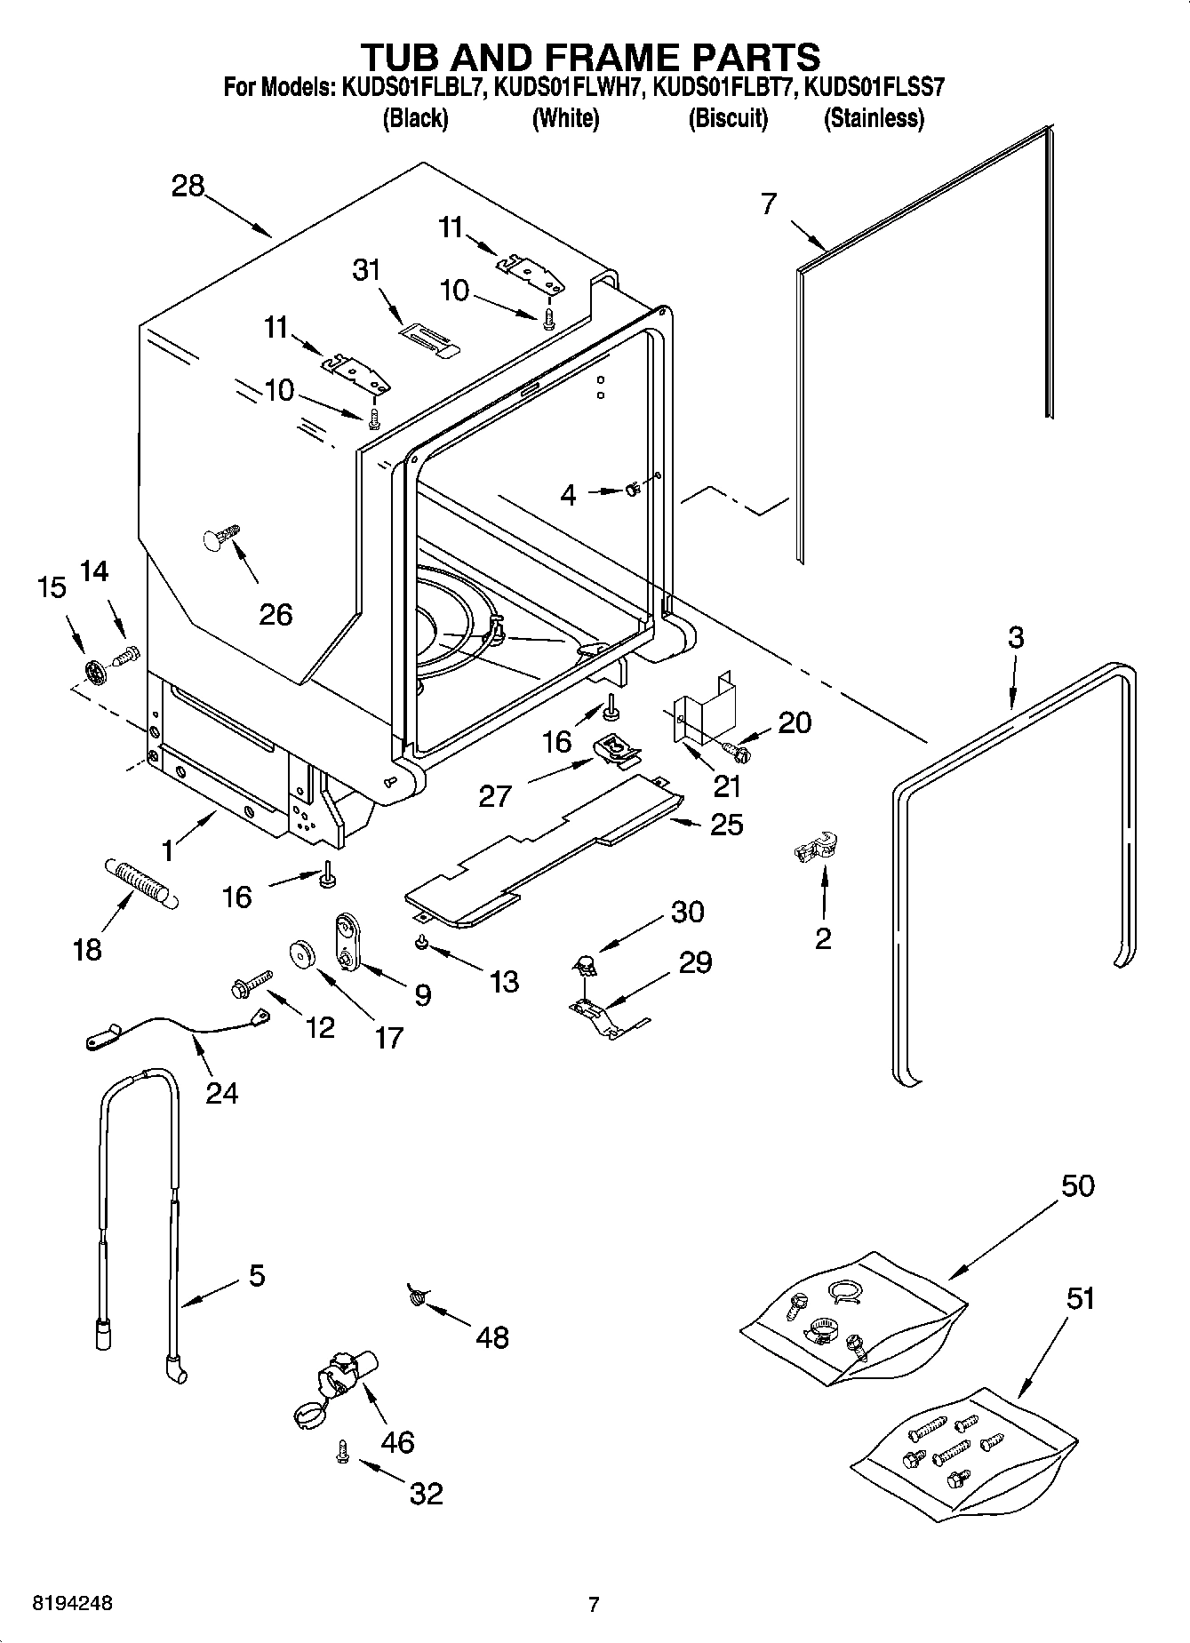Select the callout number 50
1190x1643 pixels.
click(1077, 1185)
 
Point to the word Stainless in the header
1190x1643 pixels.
click(874, 118)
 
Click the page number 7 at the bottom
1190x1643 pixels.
click(594, 1604)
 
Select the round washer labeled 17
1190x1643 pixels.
click(305, 954)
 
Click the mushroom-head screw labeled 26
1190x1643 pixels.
click(221, 538)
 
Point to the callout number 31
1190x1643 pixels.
click(367, 269)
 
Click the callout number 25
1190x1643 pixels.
click(726, 825)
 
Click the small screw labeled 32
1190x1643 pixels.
click(341, 1452)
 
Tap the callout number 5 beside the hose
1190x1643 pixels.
click(256, 1276)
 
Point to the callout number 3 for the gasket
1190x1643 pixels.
click(1015, 637)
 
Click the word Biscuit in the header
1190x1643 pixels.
click(728, 118)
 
